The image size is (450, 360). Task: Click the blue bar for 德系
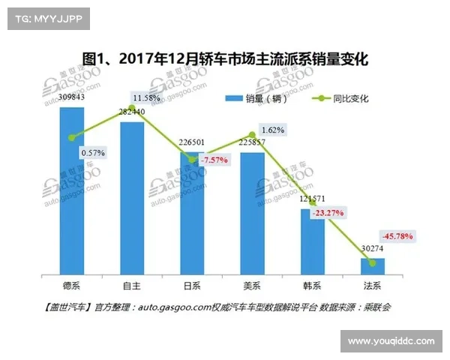(x=72, y=192)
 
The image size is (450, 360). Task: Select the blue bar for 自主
(x=132, y=199)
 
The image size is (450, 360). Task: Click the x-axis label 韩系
(x=312, y=286)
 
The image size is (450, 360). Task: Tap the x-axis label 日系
(x=192, y=286)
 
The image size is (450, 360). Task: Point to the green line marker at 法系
(x=372, y=262)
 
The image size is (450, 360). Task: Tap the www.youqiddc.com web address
(x=391, y=341)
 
